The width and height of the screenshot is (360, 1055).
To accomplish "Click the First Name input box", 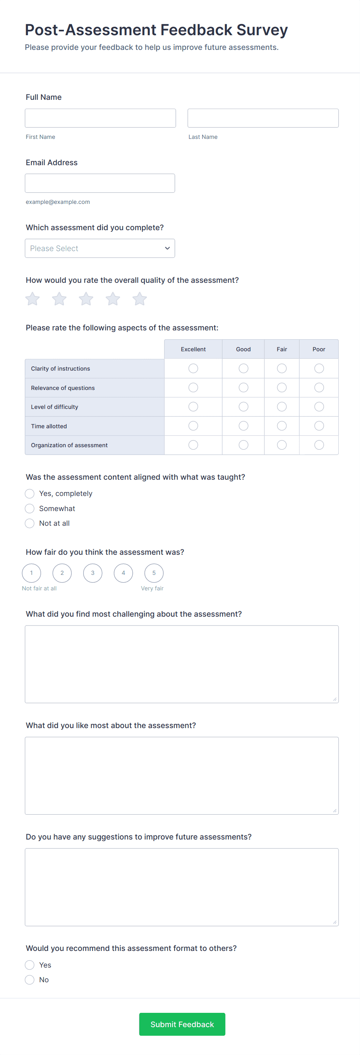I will click(x=100, y=118).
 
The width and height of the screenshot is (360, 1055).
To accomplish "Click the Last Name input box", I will click(x=263, y=118).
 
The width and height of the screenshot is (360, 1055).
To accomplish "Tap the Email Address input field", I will click(x=100, y=183).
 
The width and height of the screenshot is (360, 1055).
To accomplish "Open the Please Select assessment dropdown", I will click(x=100, y=248).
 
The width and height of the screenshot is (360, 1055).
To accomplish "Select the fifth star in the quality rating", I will click(x=140, y=299).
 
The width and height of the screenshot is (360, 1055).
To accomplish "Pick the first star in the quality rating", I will click(x=33, y=299).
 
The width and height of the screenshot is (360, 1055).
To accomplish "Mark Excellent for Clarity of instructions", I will click(x=193, y=369).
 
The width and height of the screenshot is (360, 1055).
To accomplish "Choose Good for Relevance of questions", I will click(x=243, y=387).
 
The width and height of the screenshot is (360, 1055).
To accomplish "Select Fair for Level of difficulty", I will click(x=282, y=407).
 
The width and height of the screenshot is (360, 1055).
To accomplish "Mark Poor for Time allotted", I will click(x=319, y=426).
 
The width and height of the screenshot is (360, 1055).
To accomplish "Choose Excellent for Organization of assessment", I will click(x=193, y=445).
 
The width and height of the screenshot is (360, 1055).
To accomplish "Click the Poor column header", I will click(x=319, y=349).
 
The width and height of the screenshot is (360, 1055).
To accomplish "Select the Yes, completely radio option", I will click(x=29, y=494).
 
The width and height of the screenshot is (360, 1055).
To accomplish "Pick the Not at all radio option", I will click(x=29, y=523).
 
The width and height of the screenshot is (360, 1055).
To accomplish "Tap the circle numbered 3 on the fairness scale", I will click(x=93, y=573).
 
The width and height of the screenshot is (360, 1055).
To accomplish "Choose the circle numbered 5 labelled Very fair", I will click(x=154, y=573).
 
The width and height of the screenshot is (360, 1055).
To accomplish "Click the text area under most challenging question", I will click(x=182, y=664).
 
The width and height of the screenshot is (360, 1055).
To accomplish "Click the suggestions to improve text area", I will click(x=182, y=887).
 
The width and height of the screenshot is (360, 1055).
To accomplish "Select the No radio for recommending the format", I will click(x=29, y=980).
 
